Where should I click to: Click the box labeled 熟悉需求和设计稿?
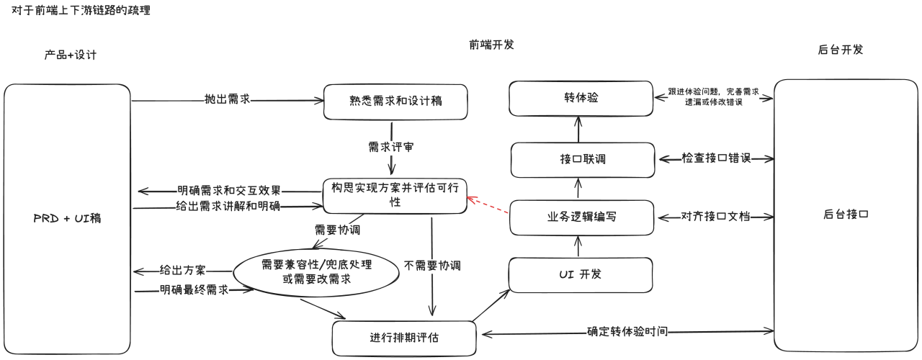395,102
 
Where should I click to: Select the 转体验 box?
581,97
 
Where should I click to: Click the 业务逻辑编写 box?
581,217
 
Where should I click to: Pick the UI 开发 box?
581,275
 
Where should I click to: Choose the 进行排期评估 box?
404,338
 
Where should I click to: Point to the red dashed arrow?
488,206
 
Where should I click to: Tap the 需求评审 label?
391,146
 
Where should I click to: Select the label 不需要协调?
432,266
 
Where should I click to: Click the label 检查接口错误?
715,158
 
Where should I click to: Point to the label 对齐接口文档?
715,216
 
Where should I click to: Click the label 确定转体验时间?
627,332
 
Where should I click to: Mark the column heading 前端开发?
491,45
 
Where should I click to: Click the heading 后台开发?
840,50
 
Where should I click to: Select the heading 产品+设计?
70,55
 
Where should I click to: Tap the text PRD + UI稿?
67,217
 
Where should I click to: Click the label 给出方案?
183,271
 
